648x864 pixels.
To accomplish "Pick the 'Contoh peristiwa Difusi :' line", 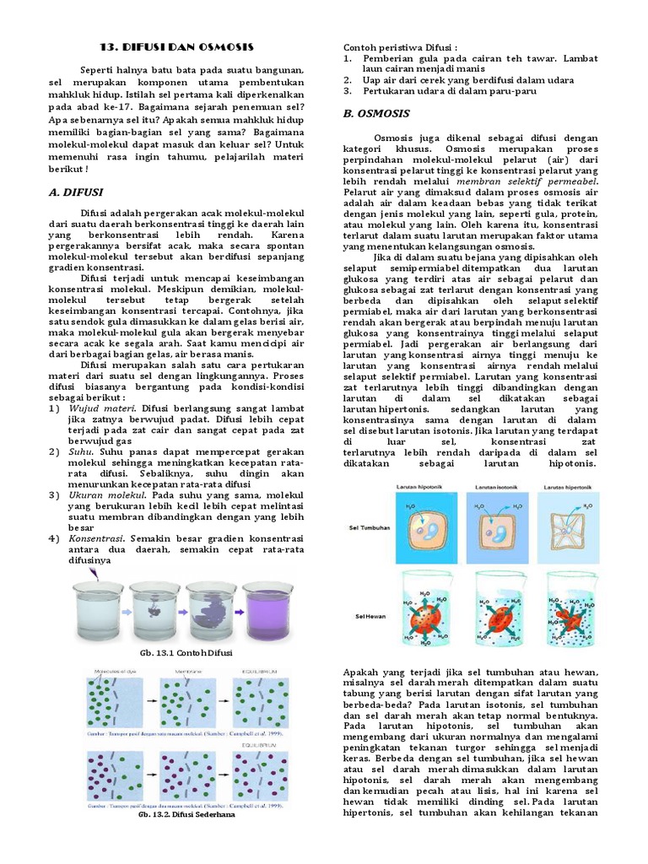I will tap(400, 47).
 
